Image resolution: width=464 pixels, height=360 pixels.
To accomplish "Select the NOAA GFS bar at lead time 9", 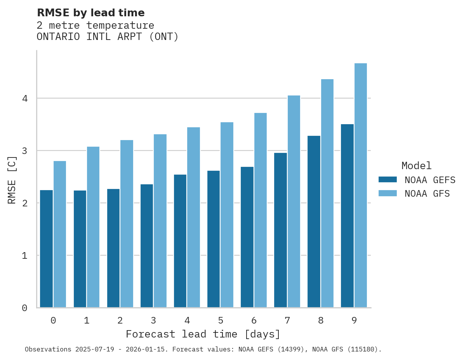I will [361, 185].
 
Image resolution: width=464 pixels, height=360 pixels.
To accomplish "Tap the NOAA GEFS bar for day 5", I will [214, 239].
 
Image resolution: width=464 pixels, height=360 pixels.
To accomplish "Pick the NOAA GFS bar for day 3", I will [160, 221].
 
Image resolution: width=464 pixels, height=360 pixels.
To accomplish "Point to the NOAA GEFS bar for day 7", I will [280, 230].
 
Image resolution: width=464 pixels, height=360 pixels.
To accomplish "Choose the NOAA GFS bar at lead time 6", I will [260, 210].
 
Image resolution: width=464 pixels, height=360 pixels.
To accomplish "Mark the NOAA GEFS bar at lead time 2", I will [113, 248].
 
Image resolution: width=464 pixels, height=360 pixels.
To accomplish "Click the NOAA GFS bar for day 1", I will [93, 227].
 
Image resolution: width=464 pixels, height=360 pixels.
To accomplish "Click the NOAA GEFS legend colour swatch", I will [388, 180].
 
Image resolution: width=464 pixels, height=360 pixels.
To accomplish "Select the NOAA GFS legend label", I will [427, 194].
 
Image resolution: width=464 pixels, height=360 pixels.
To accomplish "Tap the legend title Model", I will [416, 166].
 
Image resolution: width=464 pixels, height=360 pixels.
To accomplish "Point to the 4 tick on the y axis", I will [24, 99].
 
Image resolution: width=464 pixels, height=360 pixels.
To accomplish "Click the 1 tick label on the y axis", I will [24, 256].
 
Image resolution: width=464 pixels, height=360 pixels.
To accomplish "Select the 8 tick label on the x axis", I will [320, 320].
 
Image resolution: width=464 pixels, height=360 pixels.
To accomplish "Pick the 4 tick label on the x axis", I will [187, 320].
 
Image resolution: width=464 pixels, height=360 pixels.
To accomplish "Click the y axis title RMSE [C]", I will [12, 179].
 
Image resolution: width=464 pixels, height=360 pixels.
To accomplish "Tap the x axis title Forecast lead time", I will [203, 334].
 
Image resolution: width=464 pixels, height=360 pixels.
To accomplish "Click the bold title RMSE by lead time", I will [90, 13].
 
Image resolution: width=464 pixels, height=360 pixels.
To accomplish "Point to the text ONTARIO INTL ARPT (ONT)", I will [108, 37].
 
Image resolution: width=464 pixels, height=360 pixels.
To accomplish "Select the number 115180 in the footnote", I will [363, 350].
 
